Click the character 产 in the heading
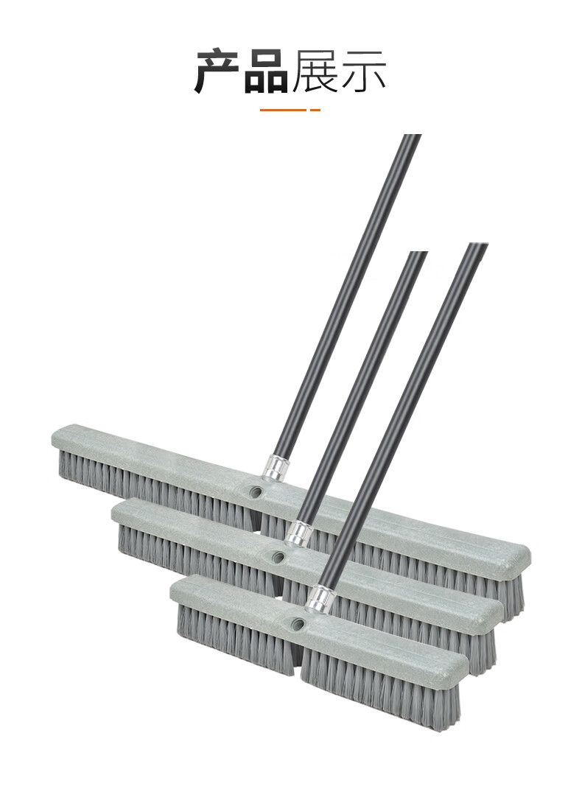(218, 71)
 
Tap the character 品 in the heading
(267, 71)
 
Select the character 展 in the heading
(315, 71)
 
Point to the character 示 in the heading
(363, 71)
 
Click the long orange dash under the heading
(283, 110)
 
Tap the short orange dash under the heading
(315, 110)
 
